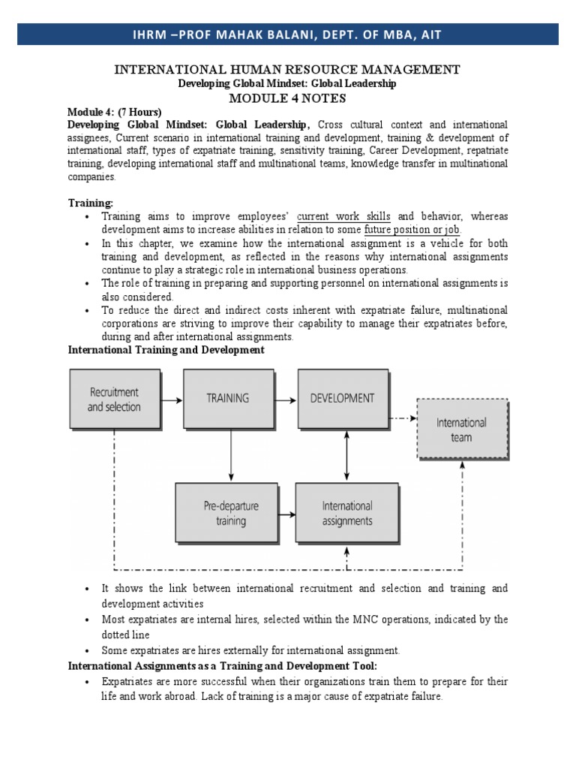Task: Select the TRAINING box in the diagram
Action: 228,399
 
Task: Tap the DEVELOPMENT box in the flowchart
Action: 343,398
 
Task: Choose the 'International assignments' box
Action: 346,514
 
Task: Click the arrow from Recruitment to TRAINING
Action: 170,400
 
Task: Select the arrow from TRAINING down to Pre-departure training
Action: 232,454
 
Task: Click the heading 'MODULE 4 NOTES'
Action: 287,98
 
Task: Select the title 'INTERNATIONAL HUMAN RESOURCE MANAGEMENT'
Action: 287,70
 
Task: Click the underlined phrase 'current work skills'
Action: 343,216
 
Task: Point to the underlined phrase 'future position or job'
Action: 412,230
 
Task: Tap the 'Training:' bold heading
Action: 91,203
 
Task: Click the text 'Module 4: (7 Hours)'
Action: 115,112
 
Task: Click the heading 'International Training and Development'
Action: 166,351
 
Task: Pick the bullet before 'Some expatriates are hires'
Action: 88,650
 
